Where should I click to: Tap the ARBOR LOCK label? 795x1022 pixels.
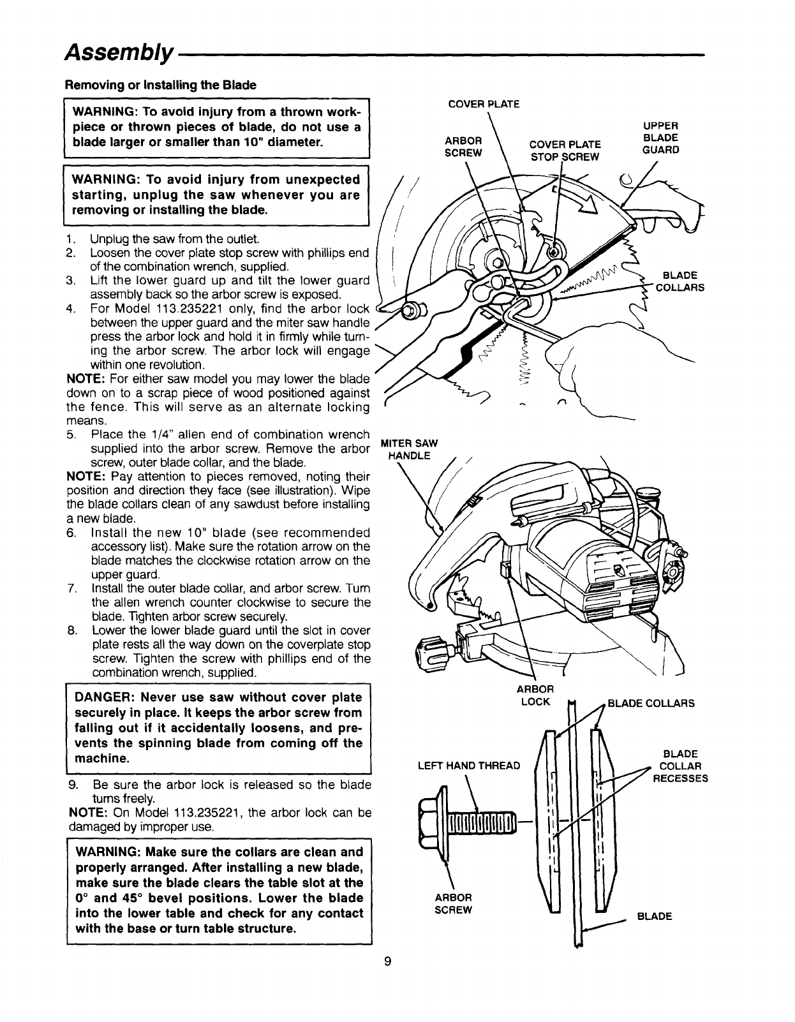(x=535, y=695)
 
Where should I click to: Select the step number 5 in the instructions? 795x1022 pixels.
(x=70, y=435)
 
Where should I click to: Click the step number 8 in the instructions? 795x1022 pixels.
(x=70, y=631)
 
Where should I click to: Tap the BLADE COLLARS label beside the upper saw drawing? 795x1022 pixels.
(x=680, y=281)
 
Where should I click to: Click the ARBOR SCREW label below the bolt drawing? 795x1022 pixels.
(x=453, y=904)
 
